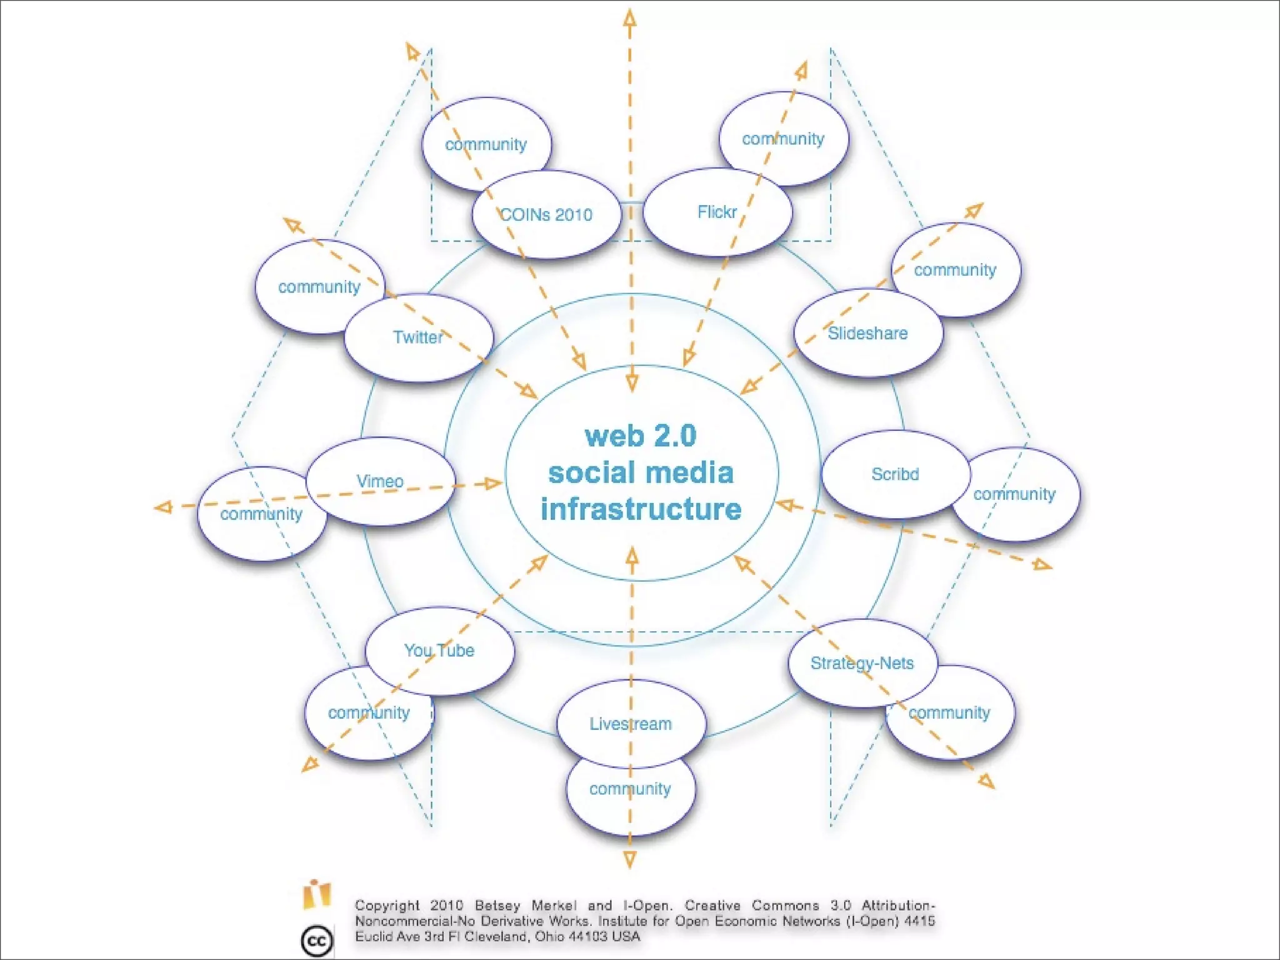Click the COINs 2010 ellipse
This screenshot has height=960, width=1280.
point(546,214)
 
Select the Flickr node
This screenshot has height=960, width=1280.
point(717,212)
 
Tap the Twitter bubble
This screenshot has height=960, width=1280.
point(418,337)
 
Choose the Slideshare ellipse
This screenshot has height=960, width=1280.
point(868,333)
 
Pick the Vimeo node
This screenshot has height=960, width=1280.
point(380,481)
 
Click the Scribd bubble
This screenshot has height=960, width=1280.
point(895,474)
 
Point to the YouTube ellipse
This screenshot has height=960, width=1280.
point(439,651)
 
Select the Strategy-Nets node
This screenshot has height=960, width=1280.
point(862,663)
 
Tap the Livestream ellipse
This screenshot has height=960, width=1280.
point(631,724)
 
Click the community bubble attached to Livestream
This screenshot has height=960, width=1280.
point(630,797)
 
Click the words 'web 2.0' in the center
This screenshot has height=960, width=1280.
point(641,436)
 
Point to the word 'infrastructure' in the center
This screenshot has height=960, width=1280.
point(641,509)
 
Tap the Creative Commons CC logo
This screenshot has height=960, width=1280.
point(316,941)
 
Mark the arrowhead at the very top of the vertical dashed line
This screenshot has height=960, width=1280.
point(630,17)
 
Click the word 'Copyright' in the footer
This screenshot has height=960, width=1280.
point(387,906)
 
